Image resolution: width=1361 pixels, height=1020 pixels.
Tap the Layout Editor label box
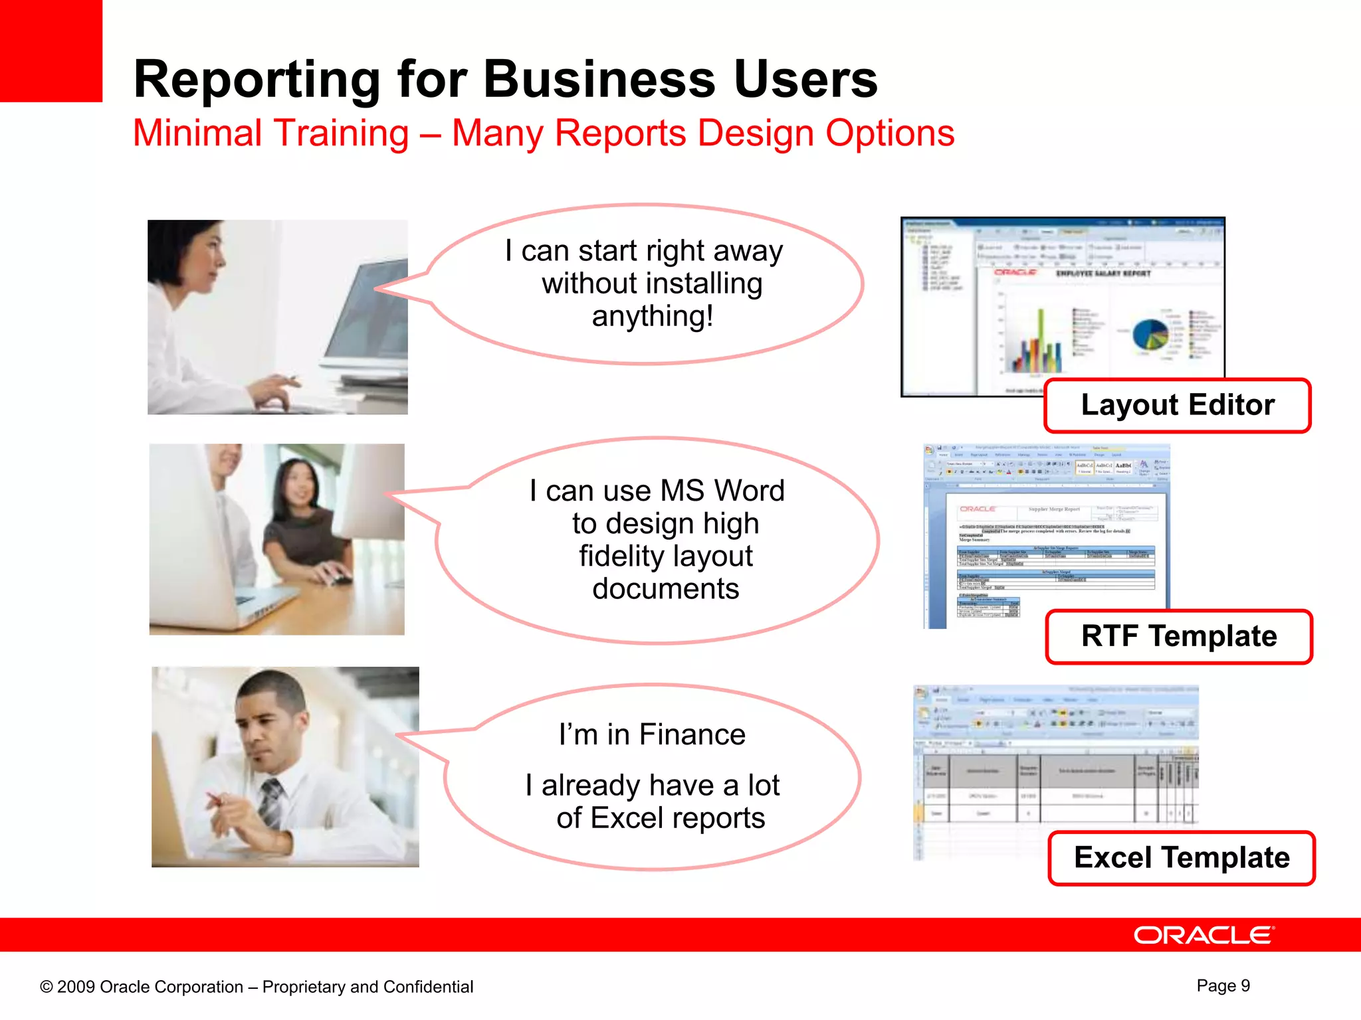pyautogui.click(x=1177, y=405)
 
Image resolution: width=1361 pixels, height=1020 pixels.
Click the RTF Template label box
pyautogui.click(x=1178, y=636)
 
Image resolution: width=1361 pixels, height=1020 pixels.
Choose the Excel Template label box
pyautogui.click(x=1181, y=857)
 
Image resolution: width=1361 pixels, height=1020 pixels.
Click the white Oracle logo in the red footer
pyautogui.click(x=1204, y=935)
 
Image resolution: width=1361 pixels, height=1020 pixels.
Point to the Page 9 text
pyautogui.click(x=1223, y=985)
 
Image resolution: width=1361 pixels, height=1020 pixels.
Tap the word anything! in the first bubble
pyautogui.click(x=653, y=316)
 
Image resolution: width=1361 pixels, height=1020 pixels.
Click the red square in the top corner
pyautogui.click(x=51, y=50)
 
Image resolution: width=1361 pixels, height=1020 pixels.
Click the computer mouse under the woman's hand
pyautogui.click(x=340, y=579)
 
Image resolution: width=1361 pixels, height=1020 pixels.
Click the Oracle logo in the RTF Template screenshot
pyautogui.click(x=977, y=509)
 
